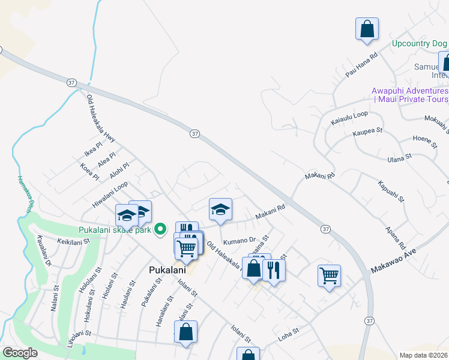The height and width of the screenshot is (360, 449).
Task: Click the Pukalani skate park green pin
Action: click(160, 229)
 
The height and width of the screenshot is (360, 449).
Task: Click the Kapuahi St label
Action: click(391, 190)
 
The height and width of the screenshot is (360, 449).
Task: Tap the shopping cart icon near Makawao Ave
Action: click(329, 275)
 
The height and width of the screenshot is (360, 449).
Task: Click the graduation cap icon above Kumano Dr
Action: click(220, 209)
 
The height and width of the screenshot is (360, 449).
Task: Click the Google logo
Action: click(19, 353)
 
